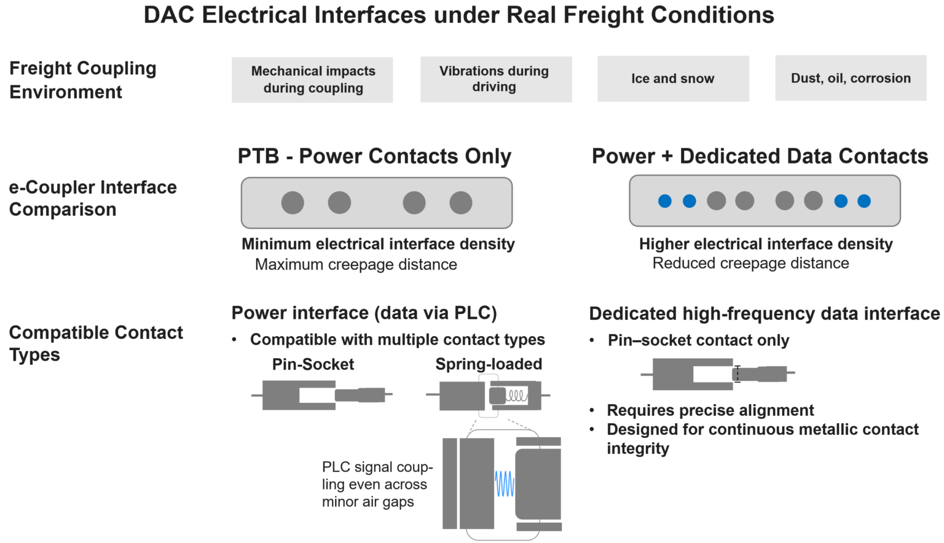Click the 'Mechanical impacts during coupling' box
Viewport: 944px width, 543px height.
312,80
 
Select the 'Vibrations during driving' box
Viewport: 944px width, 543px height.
495,79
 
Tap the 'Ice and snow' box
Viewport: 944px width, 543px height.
673,79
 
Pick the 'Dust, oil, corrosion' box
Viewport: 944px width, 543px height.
851,78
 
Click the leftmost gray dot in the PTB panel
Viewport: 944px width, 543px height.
293,203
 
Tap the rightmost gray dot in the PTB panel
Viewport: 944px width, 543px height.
461,203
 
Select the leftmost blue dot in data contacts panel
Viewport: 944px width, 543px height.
665,201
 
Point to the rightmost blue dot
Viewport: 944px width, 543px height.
864,201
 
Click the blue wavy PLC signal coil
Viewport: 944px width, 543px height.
505,484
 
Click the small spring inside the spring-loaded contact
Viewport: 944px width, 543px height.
517,396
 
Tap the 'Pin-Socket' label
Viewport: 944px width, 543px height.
313,364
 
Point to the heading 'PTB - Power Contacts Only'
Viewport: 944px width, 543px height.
374,156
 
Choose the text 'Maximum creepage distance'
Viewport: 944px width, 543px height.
356,264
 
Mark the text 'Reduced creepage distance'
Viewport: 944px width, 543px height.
750,263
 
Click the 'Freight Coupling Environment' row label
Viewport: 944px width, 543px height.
82,80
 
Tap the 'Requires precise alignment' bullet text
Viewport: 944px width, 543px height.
710,410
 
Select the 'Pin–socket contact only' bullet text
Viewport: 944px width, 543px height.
698,340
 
